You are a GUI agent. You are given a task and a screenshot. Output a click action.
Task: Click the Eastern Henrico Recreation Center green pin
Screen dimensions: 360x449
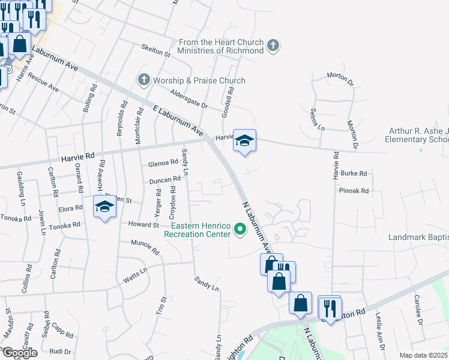pos(240,229)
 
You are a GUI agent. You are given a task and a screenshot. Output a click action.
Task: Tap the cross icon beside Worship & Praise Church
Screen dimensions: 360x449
pos(143,80)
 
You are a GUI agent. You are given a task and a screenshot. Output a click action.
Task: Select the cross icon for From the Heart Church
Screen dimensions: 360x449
pos(273,46)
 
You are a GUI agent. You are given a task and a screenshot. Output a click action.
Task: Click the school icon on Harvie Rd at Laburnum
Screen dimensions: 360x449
pos(244,141)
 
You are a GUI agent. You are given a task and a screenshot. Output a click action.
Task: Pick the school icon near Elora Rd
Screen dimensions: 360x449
pos(104,207)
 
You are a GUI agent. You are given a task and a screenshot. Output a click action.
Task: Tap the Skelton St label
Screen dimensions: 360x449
pos(155,51)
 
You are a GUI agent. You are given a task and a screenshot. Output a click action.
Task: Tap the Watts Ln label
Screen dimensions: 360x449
pos(135,279)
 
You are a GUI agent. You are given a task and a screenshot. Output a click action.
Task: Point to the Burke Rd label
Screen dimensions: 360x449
pos(354,173)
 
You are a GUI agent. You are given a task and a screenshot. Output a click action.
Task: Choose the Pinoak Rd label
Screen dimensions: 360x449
pos(354,191)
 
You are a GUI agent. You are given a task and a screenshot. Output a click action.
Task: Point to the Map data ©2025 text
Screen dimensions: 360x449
pos(423,355)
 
